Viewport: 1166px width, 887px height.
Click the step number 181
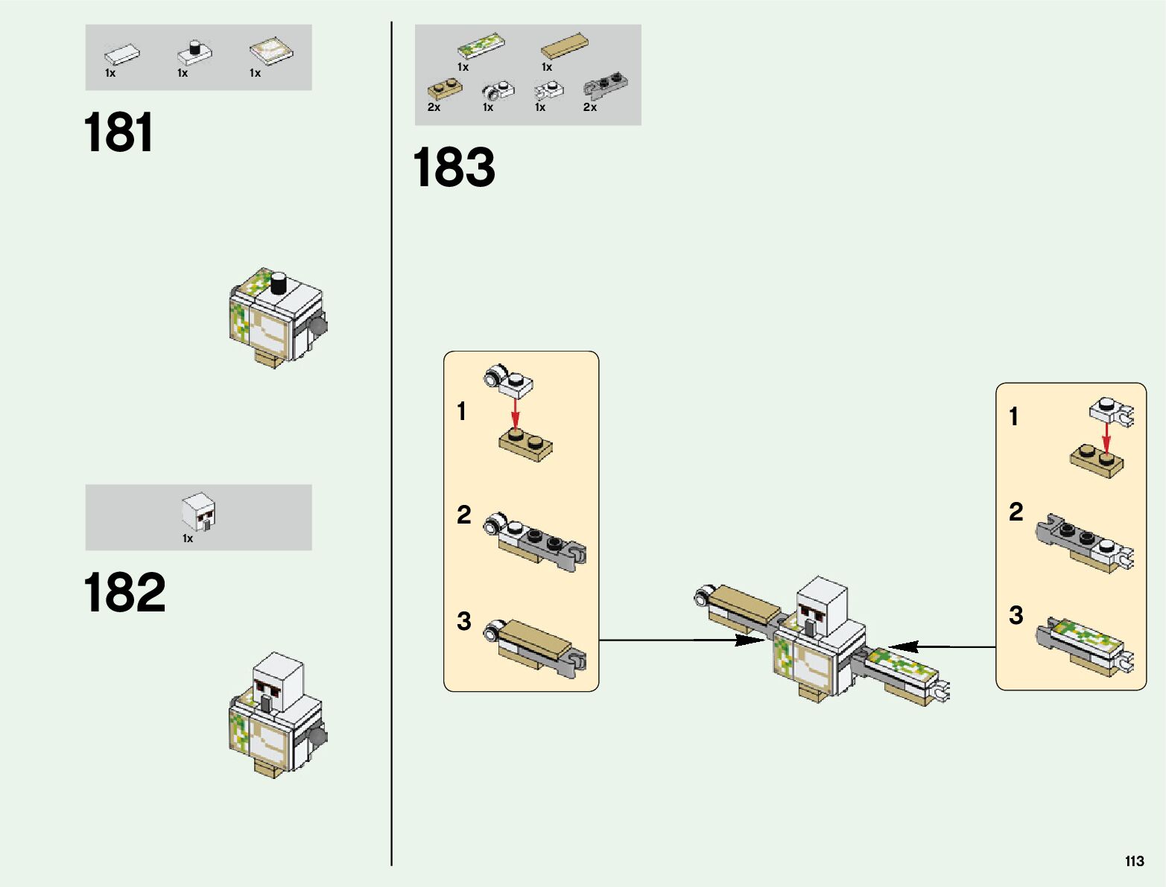click(118, 133)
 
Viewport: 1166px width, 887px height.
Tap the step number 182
click(124, 593)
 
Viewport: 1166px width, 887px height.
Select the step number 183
click(453, 167)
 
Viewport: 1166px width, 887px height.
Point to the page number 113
click(1134, 861)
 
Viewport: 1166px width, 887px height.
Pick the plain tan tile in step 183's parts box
click(564, 46)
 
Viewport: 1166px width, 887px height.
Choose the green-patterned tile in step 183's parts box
click(481, 45)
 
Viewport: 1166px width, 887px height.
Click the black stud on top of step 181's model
click(279, 283)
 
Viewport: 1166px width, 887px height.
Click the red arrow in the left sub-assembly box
click(515, 413)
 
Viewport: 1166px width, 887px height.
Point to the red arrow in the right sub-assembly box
click(1106, 437)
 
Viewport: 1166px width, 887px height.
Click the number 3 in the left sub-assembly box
click(463, 620)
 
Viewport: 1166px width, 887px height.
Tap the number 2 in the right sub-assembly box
click(1016, 512)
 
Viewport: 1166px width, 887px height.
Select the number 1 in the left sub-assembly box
click(462, 411)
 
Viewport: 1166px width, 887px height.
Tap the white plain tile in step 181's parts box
click(122, 54)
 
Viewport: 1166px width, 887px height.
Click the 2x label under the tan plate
click(434, 107)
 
